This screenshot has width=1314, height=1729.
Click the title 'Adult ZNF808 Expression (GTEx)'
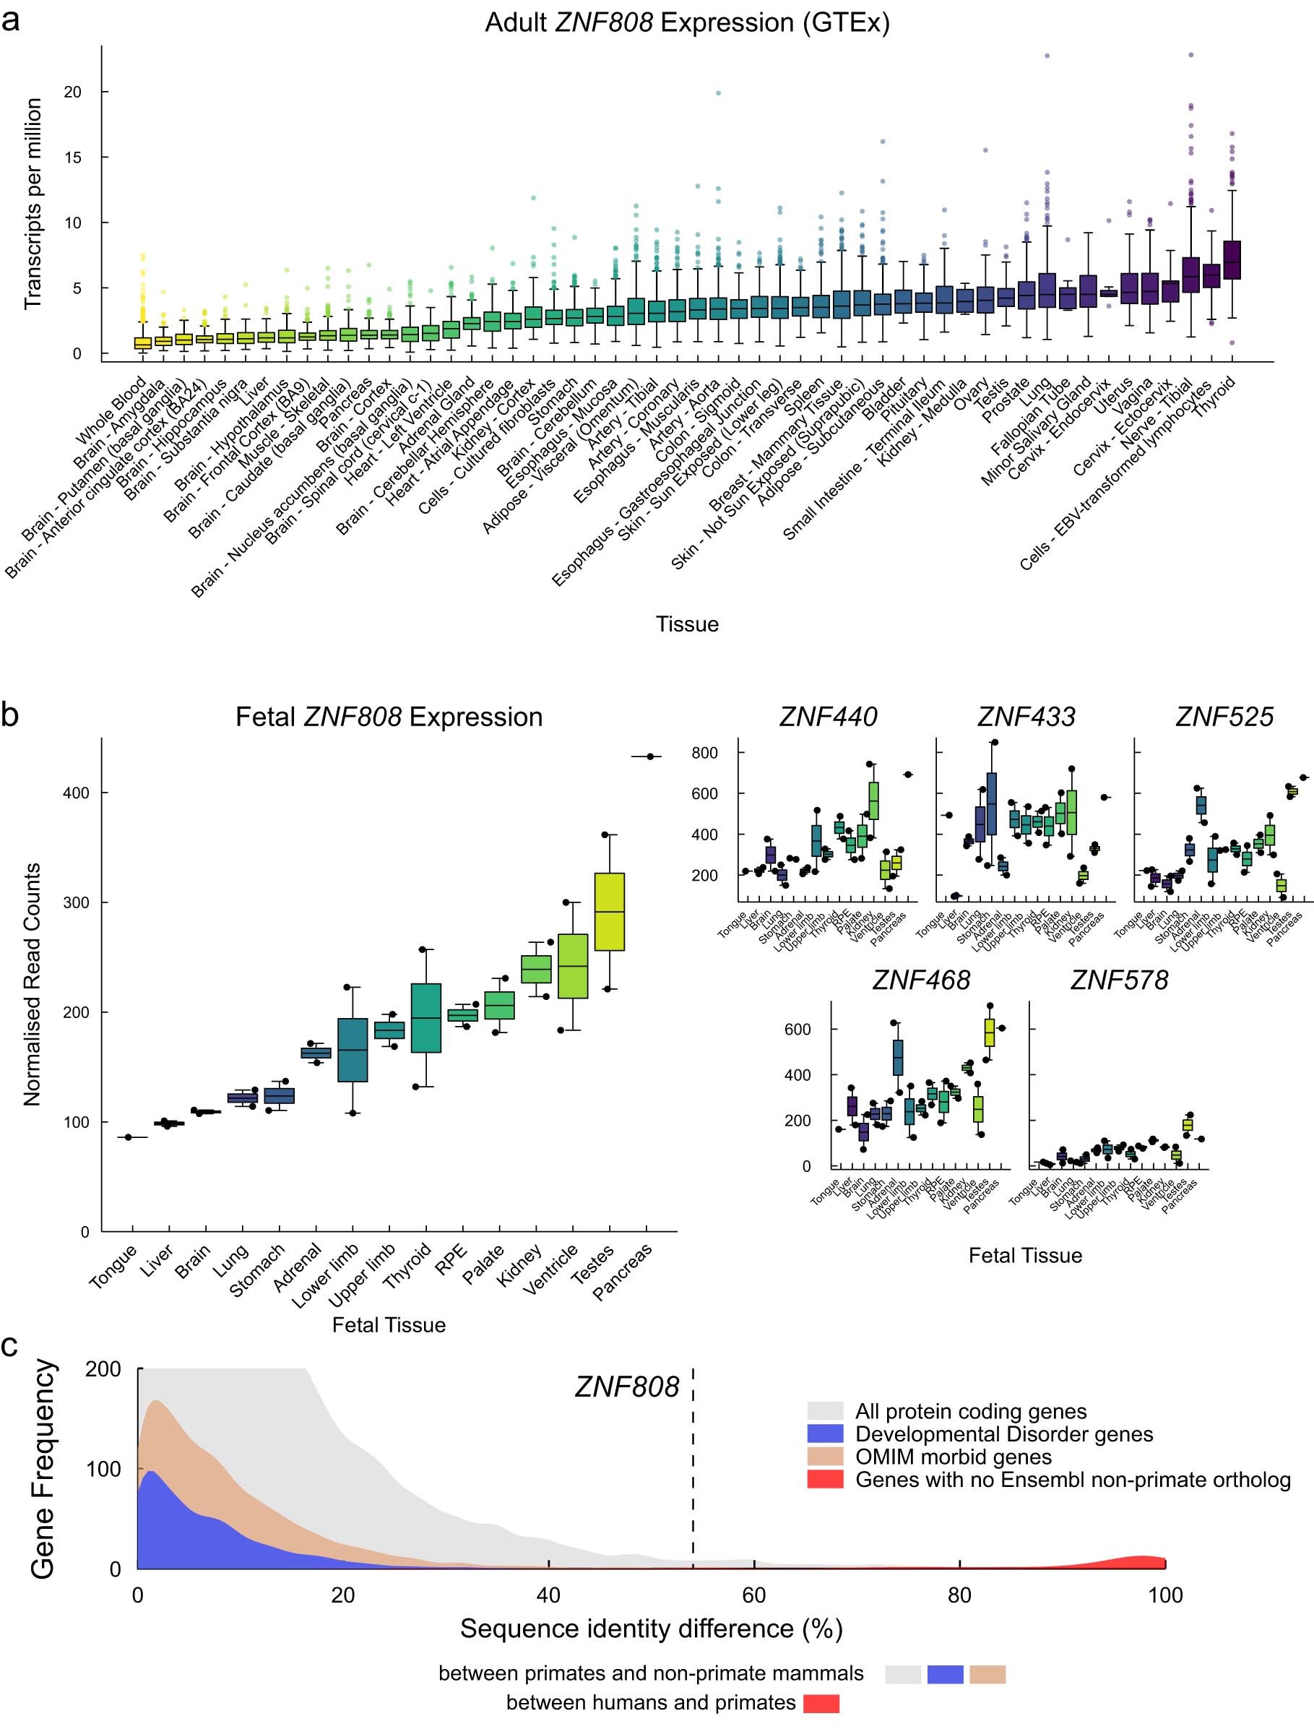687,22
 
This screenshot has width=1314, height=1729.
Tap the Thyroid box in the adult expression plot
1231,259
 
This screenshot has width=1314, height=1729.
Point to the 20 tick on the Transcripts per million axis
73,92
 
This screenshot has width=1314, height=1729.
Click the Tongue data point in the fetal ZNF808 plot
129,1137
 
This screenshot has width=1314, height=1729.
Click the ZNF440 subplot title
828,717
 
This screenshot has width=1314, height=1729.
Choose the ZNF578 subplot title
1118,980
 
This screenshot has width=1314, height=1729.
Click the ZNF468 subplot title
920,980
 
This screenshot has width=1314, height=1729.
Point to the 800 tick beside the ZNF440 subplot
704,754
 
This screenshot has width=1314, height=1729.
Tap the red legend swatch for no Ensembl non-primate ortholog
825,1480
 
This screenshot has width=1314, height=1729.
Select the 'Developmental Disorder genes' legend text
1003,1434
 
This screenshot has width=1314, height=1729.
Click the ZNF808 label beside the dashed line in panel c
626,1387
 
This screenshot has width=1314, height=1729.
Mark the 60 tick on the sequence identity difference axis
754,1596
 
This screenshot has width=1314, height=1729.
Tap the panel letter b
10,715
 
